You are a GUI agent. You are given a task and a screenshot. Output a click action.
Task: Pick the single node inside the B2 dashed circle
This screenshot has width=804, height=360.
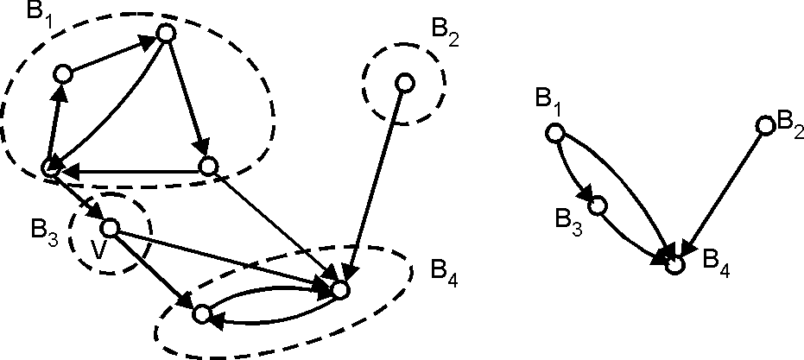(403, 83)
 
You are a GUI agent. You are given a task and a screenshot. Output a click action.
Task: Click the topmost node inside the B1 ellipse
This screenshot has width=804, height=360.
(167, 34)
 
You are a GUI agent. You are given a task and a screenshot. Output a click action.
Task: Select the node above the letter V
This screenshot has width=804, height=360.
(110, 228)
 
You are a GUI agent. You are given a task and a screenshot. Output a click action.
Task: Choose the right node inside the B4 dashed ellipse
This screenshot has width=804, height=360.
(340, 289)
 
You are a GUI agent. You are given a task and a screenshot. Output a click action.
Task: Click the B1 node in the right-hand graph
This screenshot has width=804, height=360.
(554, 133)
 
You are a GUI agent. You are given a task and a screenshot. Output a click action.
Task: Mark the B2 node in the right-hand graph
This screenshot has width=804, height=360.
(764, 126)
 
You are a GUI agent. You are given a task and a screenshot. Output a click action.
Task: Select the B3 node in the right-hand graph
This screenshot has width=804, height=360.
(597, 205)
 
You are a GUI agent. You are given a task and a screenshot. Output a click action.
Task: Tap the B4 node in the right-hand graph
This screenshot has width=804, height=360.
(675, 264)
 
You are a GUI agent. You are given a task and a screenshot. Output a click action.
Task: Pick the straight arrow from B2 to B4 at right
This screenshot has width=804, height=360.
(721, 193)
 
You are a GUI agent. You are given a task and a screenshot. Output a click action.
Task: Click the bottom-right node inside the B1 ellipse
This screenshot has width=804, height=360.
(207, 166)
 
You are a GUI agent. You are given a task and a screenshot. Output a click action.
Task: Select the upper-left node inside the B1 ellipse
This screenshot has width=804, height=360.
(62, 74)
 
